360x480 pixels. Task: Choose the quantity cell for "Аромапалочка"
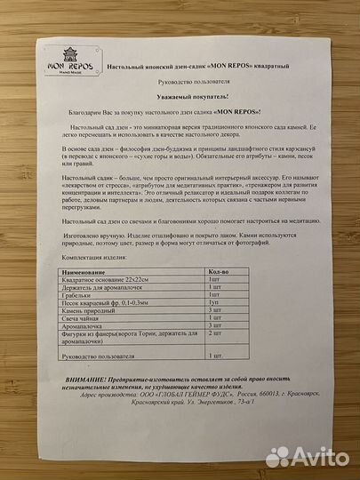(215, 351)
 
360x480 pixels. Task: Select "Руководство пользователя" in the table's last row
(100, 380)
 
